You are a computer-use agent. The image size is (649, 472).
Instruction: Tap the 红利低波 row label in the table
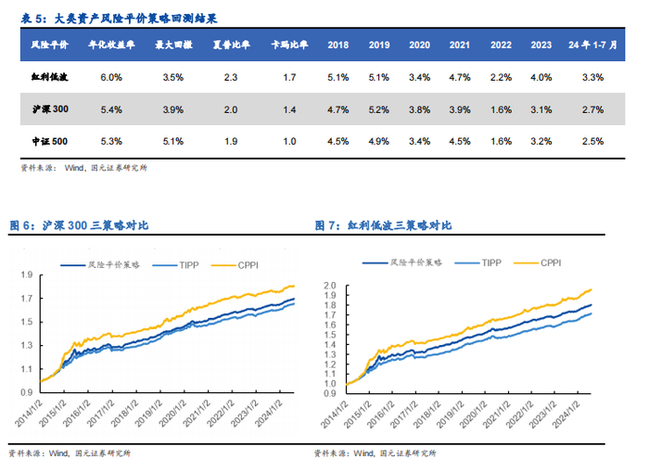coord(45,77)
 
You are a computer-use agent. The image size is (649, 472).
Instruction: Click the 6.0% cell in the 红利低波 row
coord(111,77)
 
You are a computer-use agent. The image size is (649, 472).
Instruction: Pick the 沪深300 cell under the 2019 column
coord(378,109)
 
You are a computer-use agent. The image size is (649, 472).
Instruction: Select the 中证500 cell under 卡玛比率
coord(290,141)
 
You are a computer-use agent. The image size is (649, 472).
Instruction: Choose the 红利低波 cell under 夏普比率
coord(232,77)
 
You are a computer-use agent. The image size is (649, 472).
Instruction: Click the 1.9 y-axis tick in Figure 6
coord(25,274)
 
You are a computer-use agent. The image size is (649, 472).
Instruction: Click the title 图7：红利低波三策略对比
coord(383,226)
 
